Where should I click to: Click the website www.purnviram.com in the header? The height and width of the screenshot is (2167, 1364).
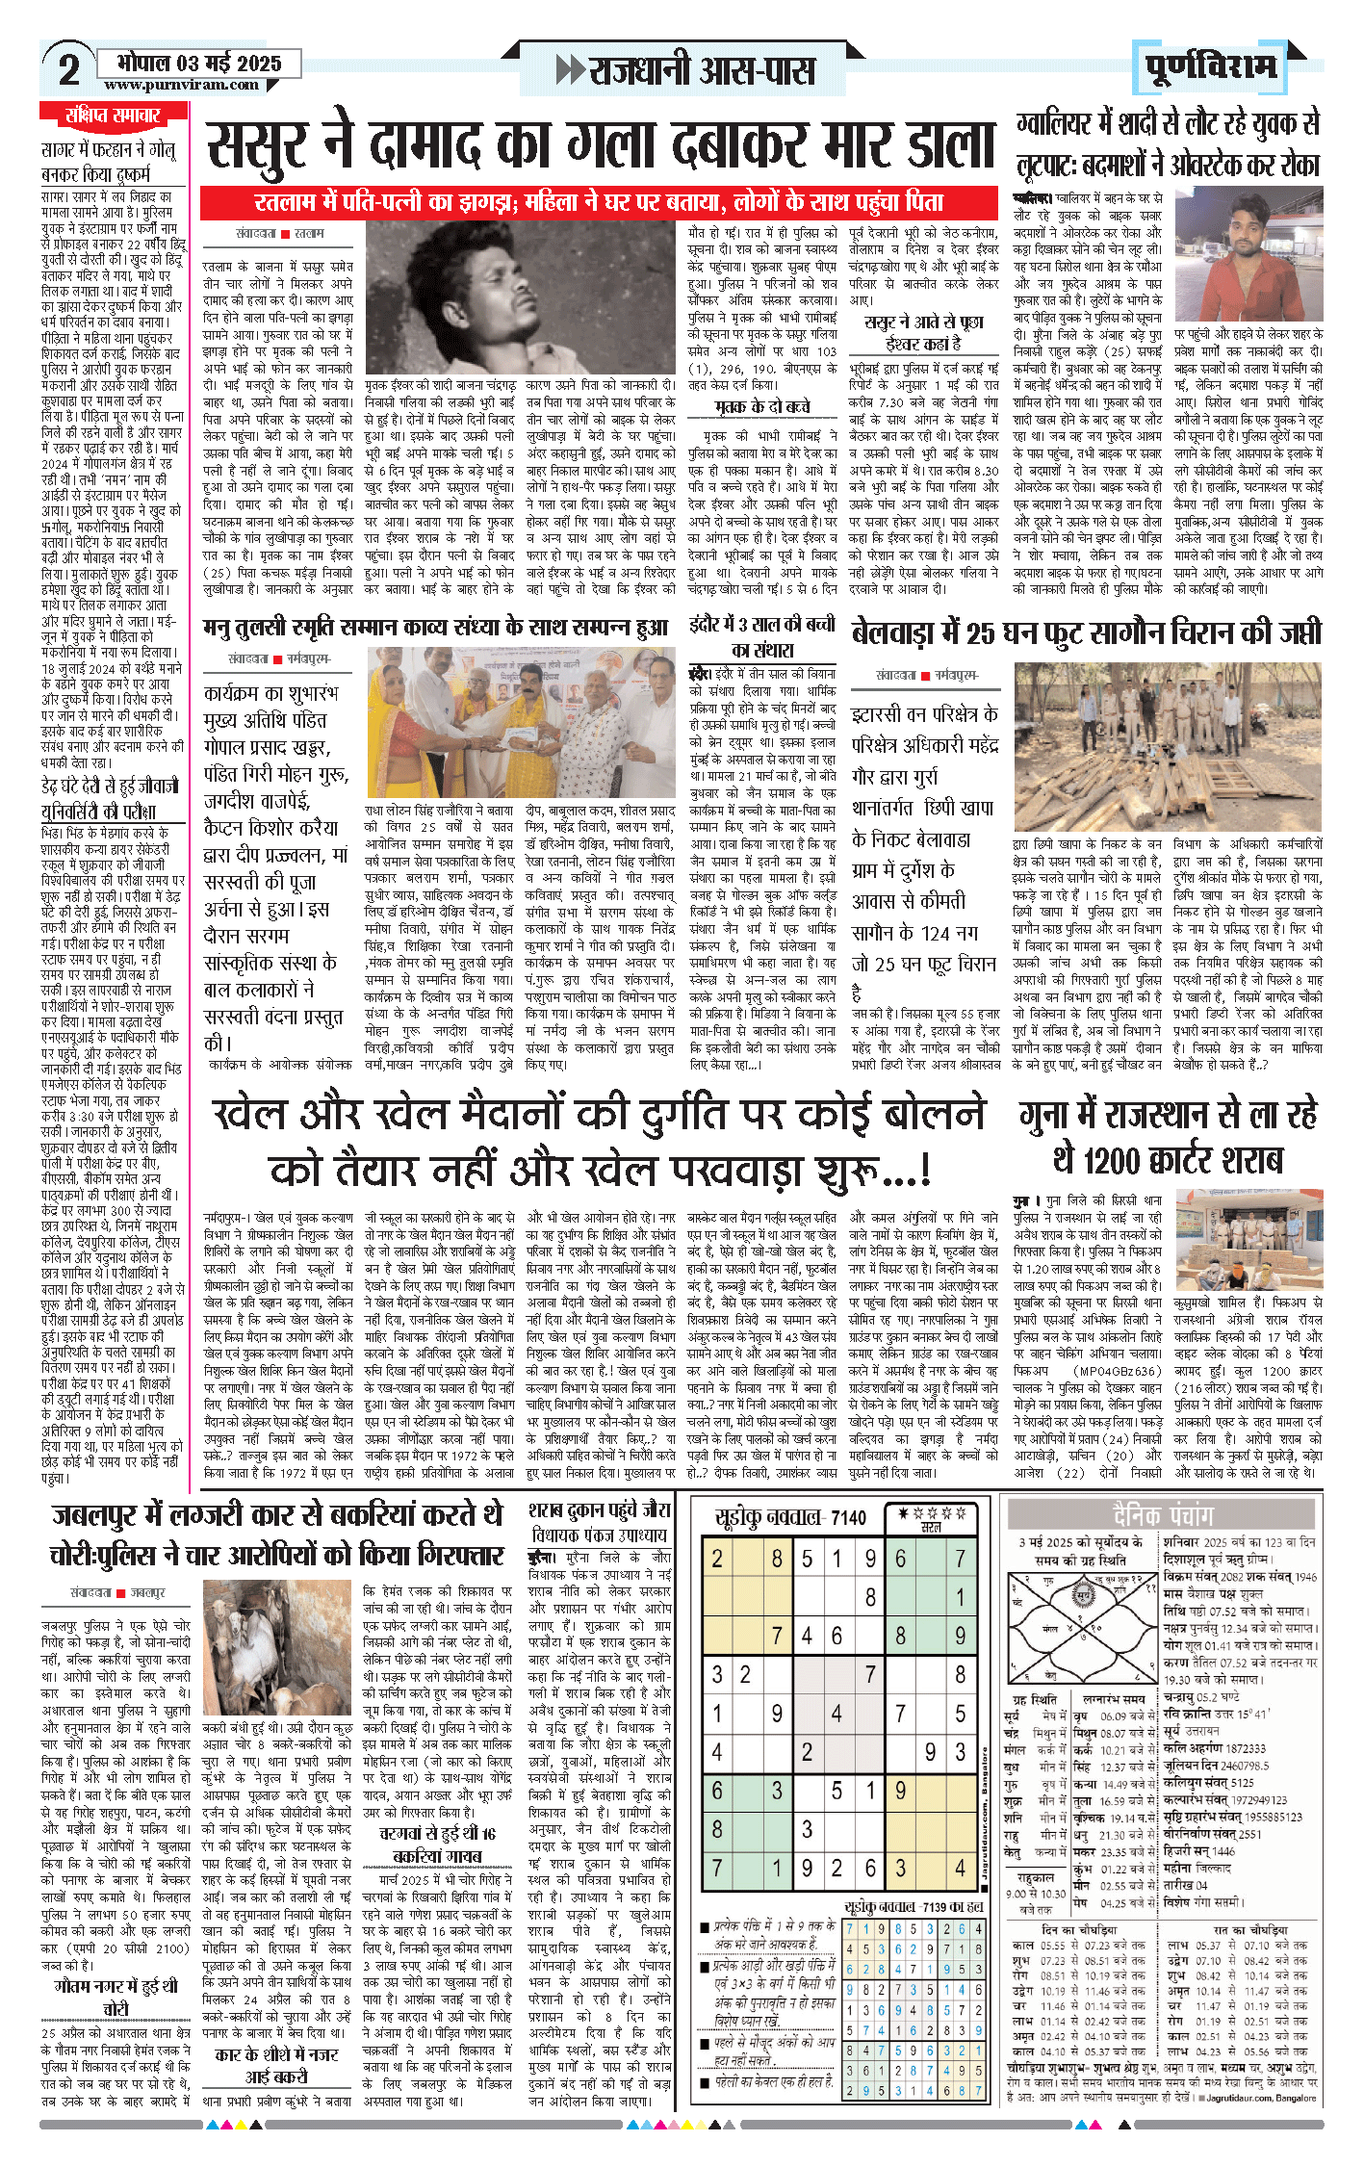pyautogui.click(x=181, y=85)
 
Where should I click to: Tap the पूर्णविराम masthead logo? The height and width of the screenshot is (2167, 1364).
pyautogui.click(x=1212, y=67)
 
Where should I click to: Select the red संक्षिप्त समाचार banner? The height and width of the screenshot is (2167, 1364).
pyautogui.click(x=114, y=116)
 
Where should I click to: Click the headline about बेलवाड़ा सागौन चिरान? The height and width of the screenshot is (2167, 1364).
pyautogui.click(x=1086, y=632)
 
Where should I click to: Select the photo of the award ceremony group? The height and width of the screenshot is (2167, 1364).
pyautogui.click(x=521, y=723)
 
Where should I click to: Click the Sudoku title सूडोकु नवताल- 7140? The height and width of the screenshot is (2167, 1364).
pyautogui.click(x=789, y=1517)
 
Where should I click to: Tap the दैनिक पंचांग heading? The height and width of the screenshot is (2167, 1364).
pyautogui.click(x=1162, y=1515)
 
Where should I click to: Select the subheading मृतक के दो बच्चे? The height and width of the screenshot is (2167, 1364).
pyautogui.click(x=761, y=407)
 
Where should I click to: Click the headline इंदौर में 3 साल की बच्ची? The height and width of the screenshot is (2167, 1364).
pyautogui.click(x=761, y=635)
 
